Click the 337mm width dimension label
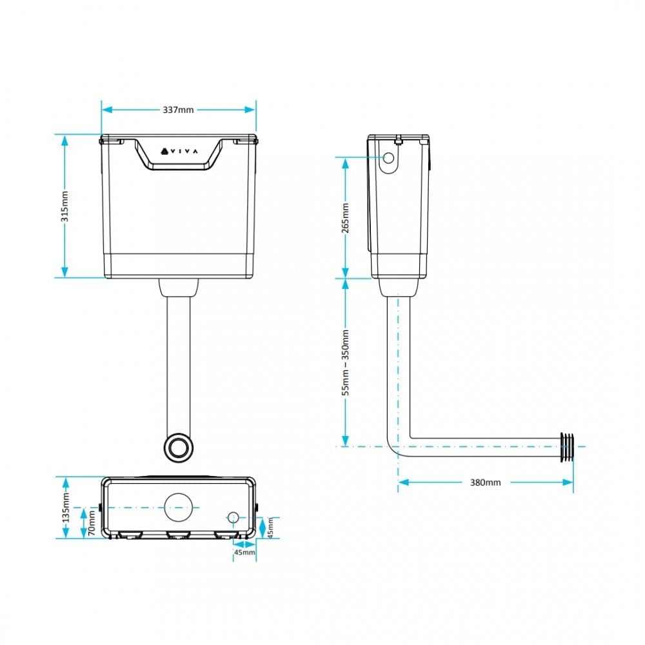(x=178, y=110)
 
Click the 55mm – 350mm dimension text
(x=345, y=362)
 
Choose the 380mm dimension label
(x=485, y=482)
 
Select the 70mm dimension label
(x=92, y=522)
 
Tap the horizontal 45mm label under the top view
(x=244, y=553)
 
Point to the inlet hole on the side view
(x=389, y=157)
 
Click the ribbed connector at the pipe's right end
(x=567, y=446)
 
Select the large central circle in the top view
(x=179, y=508)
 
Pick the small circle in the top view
(x=233, y=517)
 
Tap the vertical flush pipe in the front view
(x=179, y=361)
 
